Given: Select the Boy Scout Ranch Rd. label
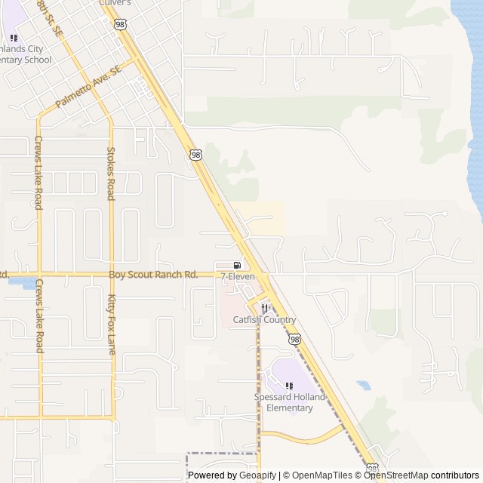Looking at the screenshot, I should pos(153,275).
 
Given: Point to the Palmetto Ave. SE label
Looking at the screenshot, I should pos(88,85).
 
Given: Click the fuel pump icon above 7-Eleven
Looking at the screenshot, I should pos(238,265).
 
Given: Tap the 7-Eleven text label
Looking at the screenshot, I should pos(238,277).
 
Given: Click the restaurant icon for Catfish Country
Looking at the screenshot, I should pos(264,308).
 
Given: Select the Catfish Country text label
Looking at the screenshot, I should pos(264,320).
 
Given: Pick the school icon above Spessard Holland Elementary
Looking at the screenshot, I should pos(289,386).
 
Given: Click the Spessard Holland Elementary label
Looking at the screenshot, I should pos(289,402).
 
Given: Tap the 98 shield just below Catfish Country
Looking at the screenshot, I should pos(293,340).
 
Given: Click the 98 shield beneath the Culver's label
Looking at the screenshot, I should pos(121,25).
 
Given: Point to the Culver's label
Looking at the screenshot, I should pos(115,3).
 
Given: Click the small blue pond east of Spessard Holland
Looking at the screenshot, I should pos(364,385).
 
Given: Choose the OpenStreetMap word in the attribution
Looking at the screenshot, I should pos(396,475).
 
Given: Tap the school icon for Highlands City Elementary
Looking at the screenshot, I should pos(14,38).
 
